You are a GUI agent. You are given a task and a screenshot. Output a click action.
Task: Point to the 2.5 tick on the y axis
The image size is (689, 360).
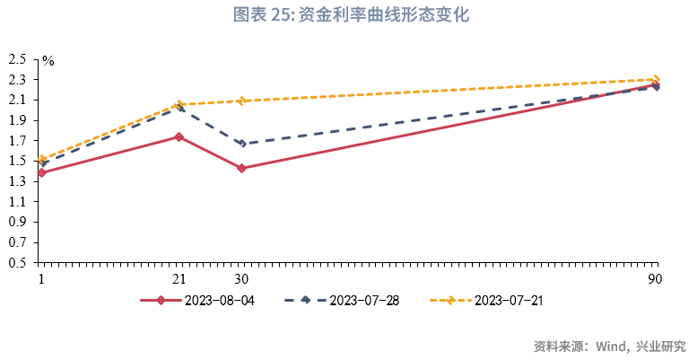(x=17, y=59)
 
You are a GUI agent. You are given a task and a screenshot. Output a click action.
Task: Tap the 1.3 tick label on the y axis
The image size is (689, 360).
(x=17, y=181)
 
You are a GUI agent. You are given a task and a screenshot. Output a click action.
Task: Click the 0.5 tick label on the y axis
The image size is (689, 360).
(x=17, y=263)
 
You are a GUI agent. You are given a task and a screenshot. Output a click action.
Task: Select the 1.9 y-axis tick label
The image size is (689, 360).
(x=17, y=120)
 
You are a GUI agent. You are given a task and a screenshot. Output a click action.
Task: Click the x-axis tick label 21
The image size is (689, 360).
(x=179, y=278)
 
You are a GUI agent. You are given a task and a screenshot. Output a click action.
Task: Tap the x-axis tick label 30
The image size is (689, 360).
(x=241, y=278)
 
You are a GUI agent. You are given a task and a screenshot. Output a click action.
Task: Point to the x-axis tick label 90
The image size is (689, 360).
(x=656, y=278)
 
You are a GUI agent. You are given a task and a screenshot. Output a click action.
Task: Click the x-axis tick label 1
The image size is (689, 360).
(x=41, y=278)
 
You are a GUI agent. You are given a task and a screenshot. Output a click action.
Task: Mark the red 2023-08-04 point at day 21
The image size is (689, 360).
(x=179, y=136)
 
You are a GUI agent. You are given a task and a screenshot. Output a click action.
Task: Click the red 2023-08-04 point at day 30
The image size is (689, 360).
(x=241, y=168)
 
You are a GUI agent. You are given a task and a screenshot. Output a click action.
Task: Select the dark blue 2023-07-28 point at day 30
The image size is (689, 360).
(x=241, y=144)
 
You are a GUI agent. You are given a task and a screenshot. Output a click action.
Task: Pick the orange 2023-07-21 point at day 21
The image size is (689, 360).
(x=179, y=105)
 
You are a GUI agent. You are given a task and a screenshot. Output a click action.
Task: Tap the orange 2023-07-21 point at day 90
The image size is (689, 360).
(x=656, y=79)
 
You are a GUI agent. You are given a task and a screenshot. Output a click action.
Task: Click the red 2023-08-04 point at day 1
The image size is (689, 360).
(x=42, y=172)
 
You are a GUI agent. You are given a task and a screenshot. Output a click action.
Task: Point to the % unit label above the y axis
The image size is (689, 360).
(x=48, y=62)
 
